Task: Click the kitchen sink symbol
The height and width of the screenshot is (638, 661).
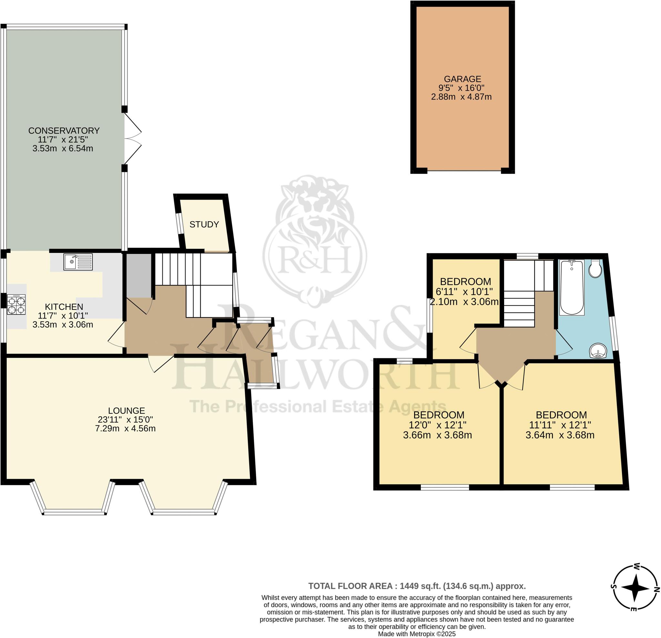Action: pyautogui.click(x=78, y=262)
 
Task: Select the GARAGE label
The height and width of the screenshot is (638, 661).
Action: pyautogui.click(x=463, y=79)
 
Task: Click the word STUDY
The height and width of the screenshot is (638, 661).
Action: pyautogui.click(x=204, y=225)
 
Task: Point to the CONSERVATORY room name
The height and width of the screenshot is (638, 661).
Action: pyautogui.click(x=64, y=131)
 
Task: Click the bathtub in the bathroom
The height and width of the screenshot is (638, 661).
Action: pyautogui.click(x=572, y=287)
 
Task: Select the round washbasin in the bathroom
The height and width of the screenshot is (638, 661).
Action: pyautogui.click(x=598, y=351)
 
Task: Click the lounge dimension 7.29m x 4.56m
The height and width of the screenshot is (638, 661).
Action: pyautogui.click(x=125, y=429)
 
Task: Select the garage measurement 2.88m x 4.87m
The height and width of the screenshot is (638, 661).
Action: pyautogui.click(x=461, y=97)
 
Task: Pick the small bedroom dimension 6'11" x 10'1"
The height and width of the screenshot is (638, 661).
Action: pyautogui.click(x=464, y=291)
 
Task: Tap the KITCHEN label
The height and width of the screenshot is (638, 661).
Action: pyautogui.click(x=64, y=307)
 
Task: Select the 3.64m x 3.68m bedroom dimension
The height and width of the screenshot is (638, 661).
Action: pyautogui.click(x=560, y=435)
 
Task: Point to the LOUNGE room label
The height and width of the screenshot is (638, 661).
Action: pyautogui.click(x=127, y=411)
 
